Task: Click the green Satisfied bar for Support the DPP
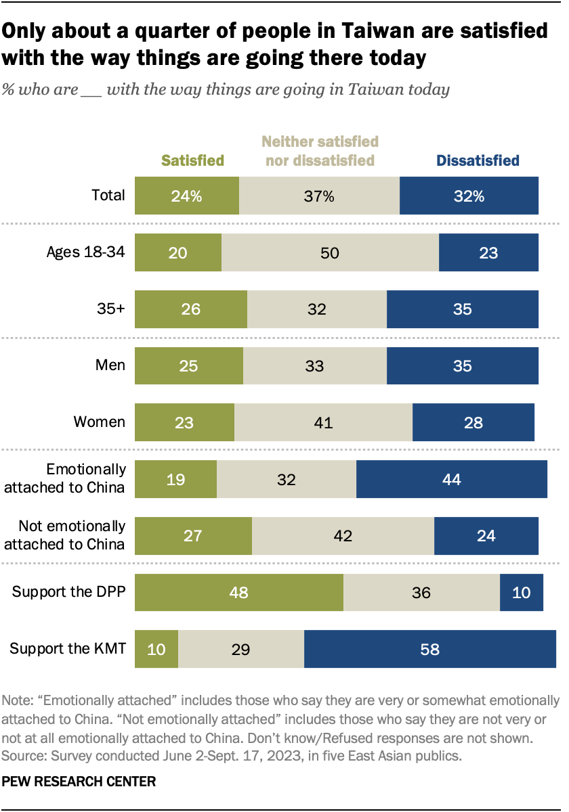(x=239, y=592)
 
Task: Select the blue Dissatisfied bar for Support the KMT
(x=429, y=650)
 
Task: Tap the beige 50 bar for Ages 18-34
(x=330, y=253)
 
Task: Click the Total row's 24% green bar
(x=187, y=196)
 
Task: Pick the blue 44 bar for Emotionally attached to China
(x=451, y=479)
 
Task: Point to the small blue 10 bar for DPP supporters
(x=521, y=592)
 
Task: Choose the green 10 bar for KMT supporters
(x=156, y=650)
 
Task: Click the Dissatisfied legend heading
(x=478, y=160)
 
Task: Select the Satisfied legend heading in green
(x=192, y=160)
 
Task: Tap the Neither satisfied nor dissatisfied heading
(x=320, y=151)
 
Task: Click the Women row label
(x=100, y=422)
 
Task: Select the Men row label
(x=110, y=365)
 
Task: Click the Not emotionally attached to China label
(x=72, y=535)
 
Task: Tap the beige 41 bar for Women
(x=323, y=422)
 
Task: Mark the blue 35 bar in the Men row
(x=462, y=366)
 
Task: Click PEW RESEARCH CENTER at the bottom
(x=79, y=782)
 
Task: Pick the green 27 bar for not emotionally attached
(x=193, y=536)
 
